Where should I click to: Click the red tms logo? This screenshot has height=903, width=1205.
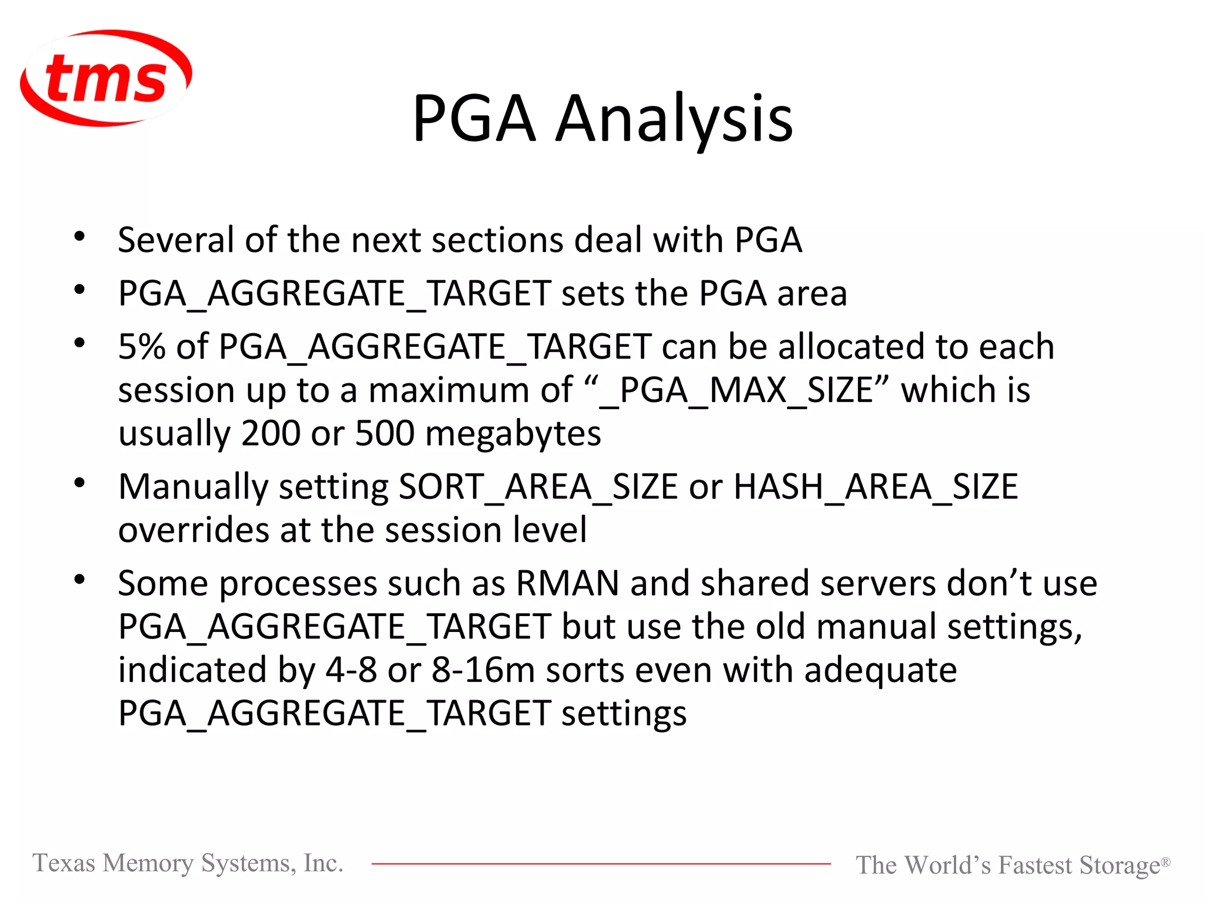click(x=106, y=78)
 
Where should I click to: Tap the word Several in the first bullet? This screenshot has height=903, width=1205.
click(x=176, y=240)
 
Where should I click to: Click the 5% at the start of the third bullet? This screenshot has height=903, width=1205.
click(x=142, y=346)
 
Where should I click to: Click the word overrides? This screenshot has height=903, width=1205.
click(x=193, y=530)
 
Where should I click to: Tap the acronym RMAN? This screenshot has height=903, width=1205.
click(x=567, y=584)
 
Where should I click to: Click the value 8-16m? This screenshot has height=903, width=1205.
click(x=483, y=670)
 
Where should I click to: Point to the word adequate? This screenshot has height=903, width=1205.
click(x=880, y=671)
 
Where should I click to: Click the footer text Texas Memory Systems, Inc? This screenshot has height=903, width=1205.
click(x=188, y=863)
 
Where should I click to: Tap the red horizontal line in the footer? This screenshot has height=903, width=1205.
click(x=600, y=864)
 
